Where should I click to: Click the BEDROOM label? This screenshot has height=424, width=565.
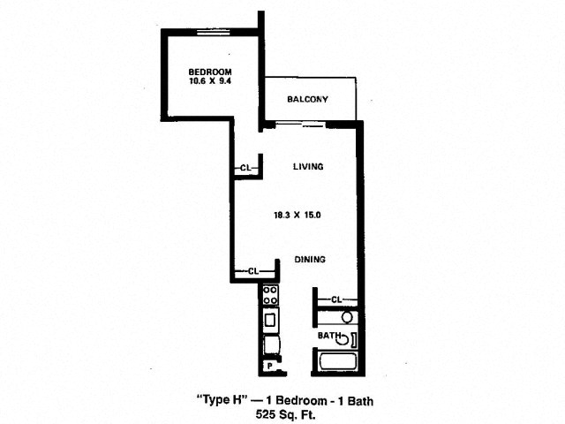point(210,72)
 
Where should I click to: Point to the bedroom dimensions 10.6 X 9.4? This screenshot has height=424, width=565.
point(210,80)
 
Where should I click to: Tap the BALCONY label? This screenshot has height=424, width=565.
point(307,99)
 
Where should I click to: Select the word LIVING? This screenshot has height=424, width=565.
point(308,167)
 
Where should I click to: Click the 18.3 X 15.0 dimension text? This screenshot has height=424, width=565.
point(298,216)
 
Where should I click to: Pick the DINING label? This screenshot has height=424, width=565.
point(310,259)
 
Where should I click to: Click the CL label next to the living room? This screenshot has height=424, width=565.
point(245,168)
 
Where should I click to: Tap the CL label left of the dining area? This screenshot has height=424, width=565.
point(253,271)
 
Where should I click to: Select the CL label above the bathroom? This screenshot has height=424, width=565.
point(335,299)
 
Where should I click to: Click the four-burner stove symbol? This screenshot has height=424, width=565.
point(270,295)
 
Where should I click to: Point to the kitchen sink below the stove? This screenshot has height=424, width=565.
point(270,320)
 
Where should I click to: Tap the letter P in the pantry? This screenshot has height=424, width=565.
point(269,367)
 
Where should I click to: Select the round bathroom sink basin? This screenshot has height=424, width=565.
point(347,318)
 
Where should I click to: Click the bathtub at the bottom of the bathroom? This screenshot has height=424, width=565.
point(338,361)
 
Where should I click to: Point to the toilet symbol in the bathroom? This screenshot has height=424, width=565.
point(347,339)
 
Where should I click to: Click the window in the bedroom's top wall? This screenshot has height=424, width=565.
point(214,32)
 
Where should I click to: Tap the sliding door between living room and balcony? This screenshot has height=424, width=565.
point(300,125)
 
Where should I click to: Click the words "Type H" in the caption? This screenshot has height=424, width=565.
point(223,400)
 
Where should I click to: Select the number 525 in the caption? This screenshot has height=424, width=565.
point(266,414)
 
